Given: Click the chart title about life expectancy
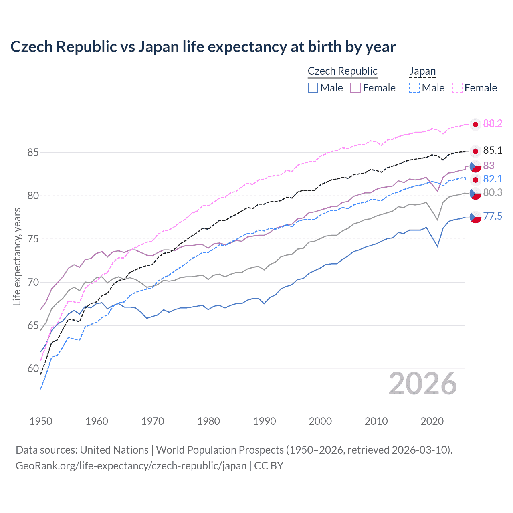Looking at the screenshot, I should (x=203, y=47).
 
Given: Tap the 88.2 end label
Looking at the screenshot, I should (x=492, y=124).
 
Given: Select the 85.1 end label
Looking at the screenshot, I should (x=492, y=151).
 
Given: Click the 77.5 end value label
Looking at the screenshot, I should (x=492, y=216).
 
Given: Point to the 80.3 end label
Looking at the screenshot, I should (x=492, y=193).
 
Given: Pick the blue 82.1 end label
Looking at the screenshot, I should (x=492, y=179).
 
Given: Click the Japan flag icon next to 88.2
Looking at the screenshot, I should (x=475, y=125).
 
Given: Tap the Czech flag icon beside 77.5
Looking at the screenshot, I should (x=475, y=217).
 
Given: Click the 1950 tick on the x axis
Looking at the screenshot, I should (x=41, y=421).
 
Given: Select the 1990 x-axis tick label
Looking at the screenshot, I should (x=265, y=421).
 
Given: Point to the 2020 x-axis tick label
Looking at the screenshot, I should (x=432, y=421).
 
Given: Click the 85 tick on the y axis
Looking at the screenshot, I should (x=33, y=153).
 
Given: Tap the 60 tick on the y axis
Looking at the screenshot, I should (x=33, y=369).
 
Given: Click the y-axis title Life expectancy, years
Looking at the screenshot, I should (x=17, y=256).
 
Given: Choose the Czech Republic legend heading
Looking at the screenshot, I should (x=342, y=71).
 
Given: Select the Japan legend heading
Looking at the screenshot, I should (x=422, y=71).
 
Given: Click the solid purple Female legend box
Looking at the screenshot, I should (x=355, y=88).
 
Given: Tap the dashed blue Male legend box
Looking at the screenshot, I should (x=414, y=88).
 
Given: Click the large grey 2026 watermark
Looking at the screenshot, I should (x=422, y=384).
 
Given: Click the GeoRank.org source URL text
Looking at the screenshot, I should (x=131, y=466).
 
